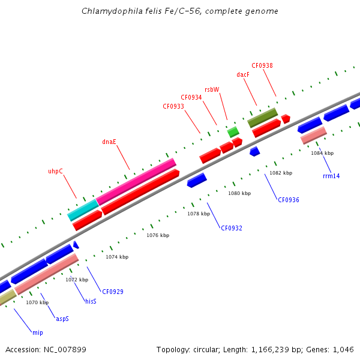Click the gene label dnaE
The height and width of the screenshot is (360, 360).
coord(109,142)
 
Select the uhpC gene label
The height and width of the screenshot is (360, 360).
coord(55,171)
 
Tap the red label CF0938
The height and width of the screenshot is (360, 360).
coord(262,65)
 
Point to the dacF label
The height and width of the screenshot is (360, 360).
coord(243,75)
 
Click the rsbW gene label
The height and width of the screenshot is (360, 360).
coord(212,89)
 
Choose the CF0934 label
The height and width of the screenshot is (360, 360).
coord(191,97)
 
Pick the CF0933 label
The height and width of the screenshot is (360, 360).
coord(173,106)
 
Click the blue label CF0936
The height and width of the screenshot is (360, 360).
coord(288,200)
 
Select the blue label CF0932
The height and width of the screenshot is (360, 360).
coord(232,228)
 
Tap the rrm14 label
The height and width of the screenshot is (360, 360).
coord(331,176)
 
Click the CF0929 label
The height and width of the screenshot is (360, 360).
coord(113,292)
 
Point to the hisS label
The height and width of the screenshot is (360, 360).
coord(91,301)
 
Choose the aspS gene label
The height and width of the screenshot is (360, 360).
coord(62,319)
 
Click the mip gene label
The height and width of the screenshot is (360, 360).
coord(38,332)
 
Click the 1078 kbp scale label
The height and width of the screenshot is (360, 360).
coord(199,214)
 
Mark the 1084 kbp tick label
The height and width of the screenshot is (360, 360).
coord(322,153)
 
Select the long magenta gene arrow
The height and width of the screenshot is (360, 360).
coord(136,182)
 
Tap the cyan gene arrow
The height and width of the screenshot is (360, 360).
coord(83,210)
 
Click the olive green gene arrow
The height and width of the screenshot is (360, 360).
coord(262,117)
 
